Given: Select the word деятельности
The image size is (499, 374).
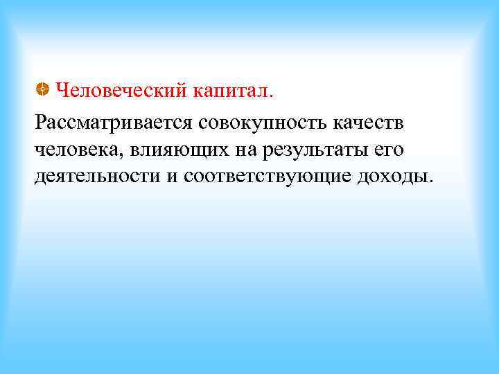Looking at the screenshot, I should tap(96, 175).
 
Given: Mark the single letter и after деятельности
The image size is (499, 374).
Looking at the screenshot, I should tap(172, 175).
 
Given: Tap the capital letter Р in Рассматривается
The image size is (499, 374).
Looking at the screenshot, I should tap(39, 123).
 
